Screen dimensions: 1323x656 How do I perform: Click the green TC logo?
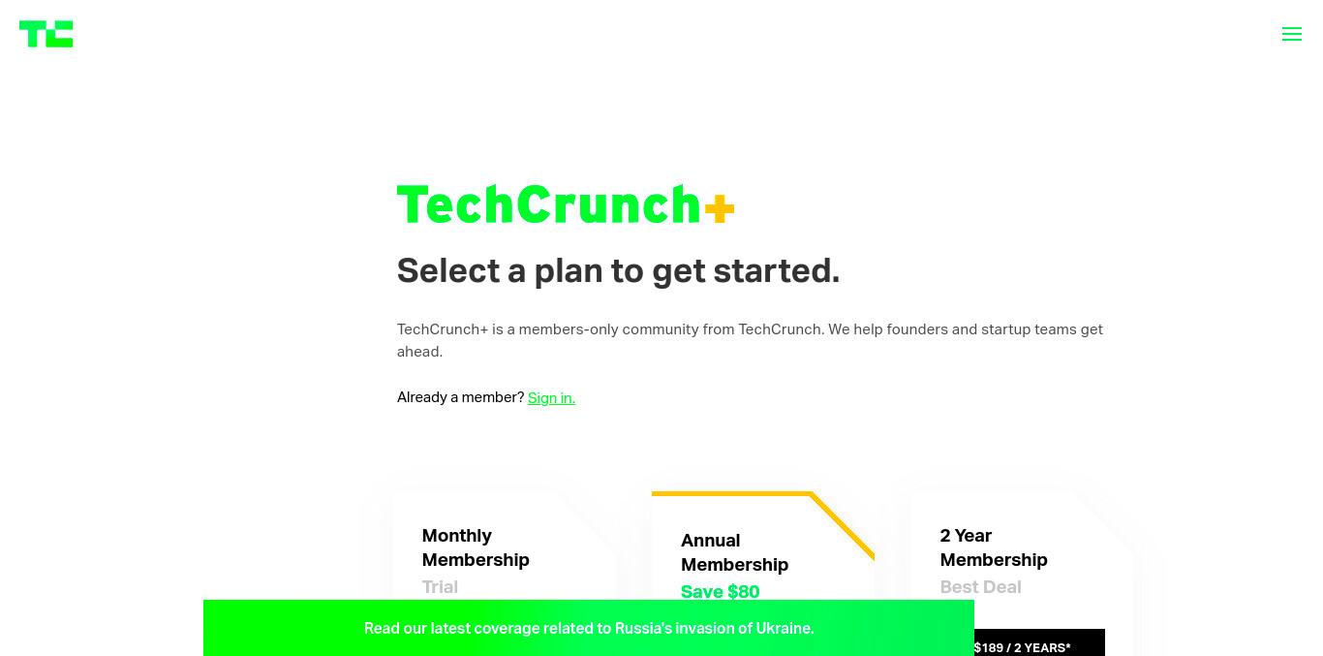coord(46,34)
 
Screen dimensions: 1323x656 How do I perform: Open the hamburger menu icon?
coord(1292,34)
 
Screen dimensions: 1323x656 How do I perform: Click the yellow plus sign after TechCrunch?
coord(720,208)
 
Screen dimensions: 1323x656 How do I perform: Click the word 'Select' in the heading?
coord(448,271)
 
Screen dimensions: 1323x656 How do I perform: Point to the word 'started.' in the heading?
coord(776,271)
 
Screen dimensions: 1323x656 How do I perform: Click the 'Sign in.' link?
coord(551,397)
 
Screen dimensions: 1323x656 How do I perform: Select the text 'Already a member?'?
coord(461,397)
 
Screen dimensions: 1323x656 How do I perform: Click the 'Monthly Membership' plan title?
coord(476,547)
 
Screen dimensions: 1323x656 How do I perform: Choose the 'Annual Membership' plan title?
coord(735,552)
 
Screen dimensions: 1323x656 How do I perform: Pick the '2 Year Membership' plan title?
coord(994,547)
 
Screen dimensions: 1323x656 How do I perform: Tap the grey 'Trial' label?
coord(440,587)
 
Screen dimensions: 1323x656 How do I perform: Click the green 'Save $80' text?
coord(720,592)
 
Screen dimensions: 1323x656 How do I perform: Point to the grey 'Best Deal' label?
coord(980,587)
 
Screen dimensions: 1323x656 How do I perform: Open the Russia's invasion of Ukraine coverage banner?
coord(589,628)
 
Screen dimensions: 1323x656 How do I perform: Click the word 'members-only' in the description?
coord(569,329)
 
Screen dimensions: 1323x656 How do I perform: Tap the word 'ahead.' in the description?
coord(419,352)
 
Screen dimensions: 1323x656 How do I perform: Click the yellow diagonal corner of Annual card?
coord(843,525)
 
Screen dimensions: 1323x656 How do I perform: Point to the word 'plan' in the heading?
coord(569,272)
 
